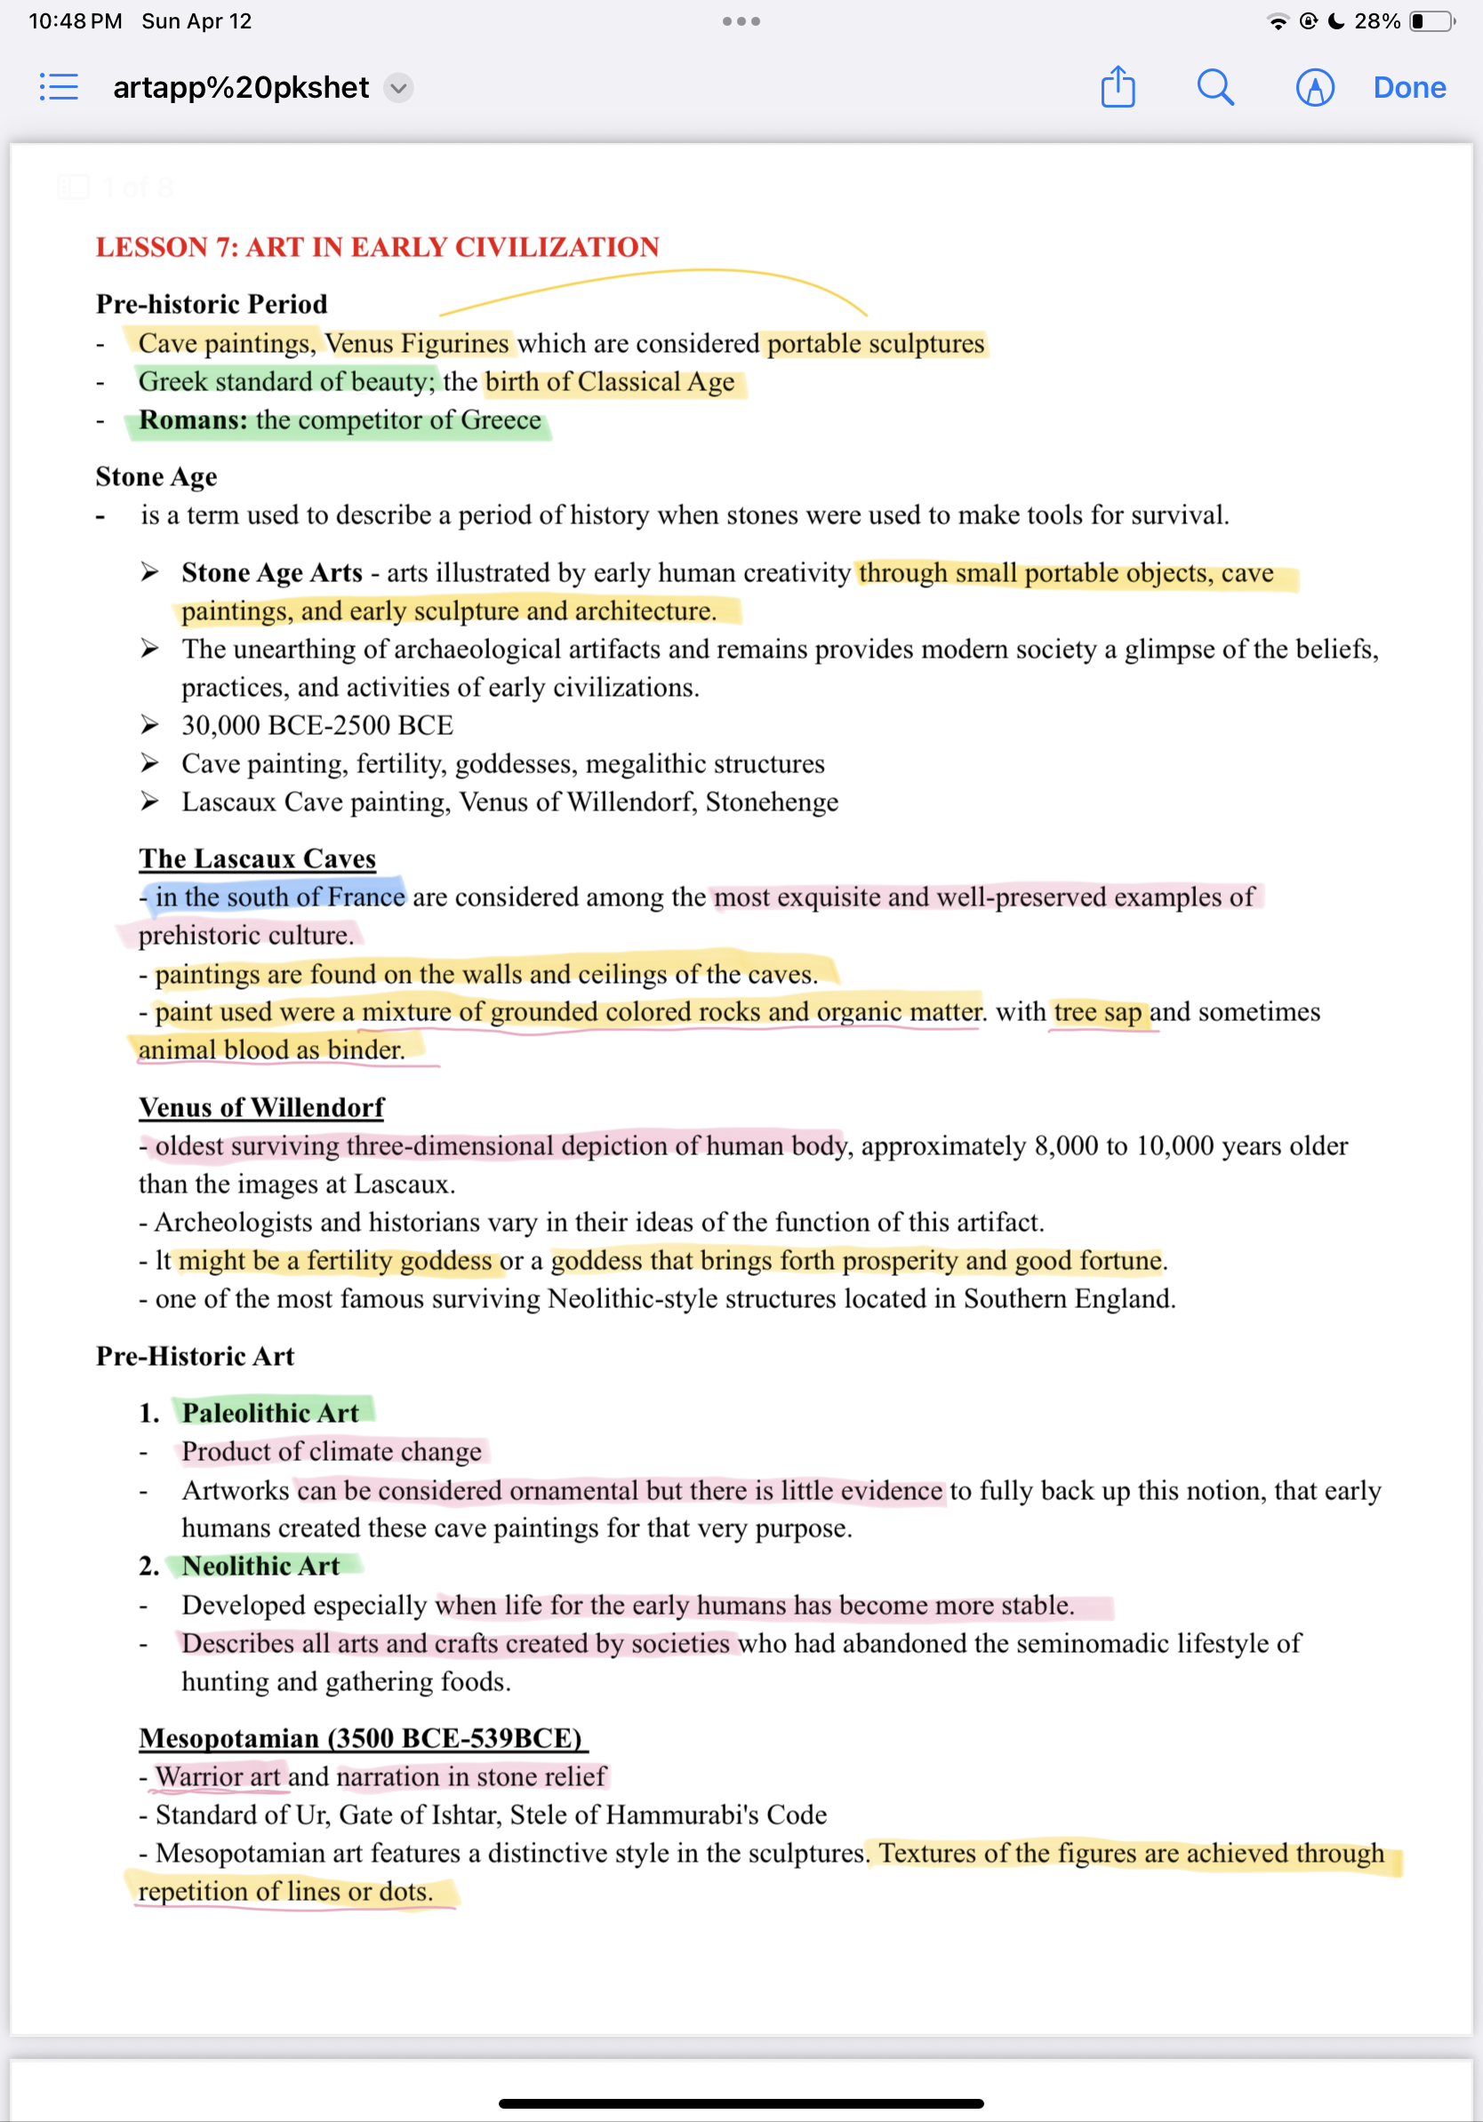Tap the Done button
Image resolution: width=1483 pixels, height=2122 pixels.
pos(1408,88)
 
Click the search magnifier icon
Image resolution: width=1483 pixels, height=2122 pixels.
pos(1214,88)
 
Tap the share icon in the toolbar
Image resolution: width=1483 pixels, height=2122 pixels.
pos(1118,87)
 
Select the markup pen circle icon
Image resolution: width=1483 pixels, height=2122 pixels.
pos(1314,88)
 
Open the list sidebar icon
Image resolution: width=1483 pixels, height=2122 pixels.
pos(60,88)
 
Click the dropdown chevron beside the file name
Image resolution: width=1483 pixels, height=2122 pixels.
pos(398,88)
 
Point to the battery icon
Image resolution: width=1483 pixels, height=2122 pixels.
pos(1431,21)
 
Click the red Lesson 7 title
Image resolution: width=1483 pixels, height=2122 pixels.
pos(377,248)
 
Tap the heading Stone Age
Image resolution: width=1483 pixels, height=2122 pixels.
pos(156,477)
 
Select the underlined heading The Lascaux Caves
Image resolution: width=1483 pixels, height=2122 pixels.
pos(257,858)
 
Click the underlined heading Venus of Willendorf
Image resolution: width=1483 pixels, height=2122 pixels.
pos(261,1107)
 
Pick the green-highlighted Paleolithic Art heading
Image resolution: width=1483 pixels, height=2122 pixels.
pos(270,1412)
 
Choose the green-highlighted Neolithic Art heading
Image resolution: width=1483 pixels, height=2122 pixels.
pos(261,1566)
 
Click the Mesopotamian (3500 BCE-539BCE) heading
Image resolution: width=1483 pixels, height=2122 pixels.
pos(361,1738)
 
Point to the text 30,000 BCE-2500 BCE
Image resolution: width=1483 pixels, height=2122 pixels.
pos(317,725)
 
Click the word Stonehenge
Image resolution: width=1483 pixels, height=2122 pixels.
pos(771,802)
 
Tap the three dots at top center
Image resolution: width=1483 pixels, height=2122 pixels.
pos(741,21)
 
